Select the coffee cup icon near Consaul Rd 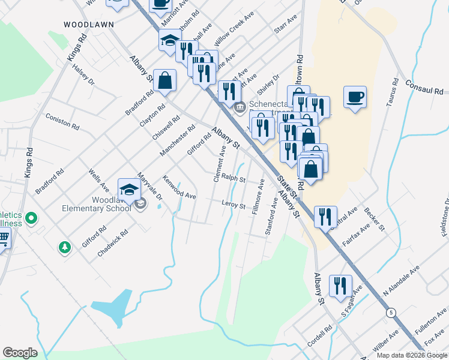355,97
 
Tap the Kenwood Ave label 179,187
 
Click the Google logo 20,352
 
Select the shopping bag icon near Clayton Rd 164,81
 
